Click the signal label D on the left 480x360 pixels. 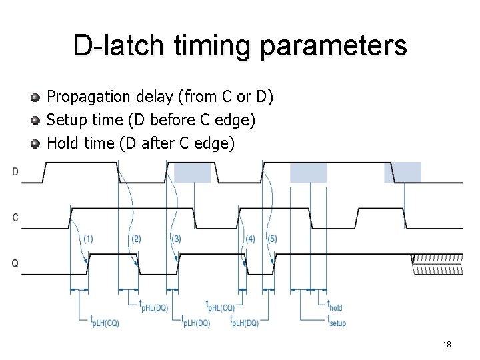pyautogui.click(x=15, y=172)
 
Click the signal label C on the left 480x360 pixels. pyautogui.click(x=15, y=218)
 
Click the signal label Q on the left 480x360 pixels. pyautogui.click(x=15, y=263)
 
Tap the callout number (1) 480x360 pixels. pyautogui.click(x=88, y=239)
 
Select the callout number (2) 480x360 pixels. pyautogui.click(x=136, y=239)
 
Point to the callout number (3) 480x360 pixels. pyautogui.click(x=176, y=239)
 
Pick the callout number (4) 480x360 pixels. pyautogui.click(x=251, y=239)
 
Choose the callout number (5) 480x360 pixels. pyautogui.click(x=271, y=239)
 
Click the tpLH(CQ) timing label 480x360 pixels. pyautogui.click(x=105, y=321)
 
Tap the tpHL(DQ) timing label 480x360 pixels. pyautogui.click(x=153, y=306)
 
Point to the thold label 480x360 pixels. pyautogui.click(x=335, y=306)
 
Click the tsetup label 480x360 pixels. pyautogui.click(x=336, y=321)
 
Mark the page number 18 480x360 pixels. pyautogui.click(x=447, y=344)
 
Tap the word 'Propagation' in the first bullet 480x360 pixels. pyautogui.click(x=88, y=97)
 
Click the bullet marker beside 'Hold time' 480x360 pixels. pyautogui.click(x=37, y=143)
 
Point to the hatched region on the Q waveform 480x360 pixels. pyautogui.click(x=437, y=264)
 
